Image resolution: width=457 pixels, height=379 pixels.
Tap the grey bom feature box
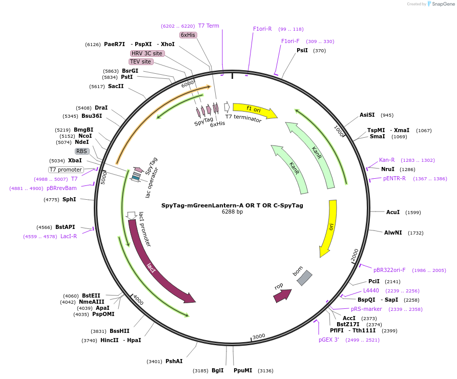pos(304,278)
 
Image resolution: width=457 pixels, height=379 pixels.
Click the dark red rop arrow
pos(282,296)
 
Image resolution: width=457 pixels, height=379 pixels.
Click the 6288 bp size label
pos(232,212)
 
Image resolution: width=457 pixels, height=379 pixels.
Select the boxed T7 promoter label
pos(66,170)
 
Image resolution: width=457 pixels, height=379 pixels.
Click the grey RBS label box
pos(81,151)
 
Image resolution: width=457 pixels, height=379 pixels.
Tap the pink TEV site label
pos(140,61)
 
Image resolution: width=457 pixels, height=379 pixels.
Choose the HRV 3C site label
pos(147,53)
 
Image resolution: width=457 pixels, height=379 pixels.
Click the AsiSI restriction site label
pos(367,115)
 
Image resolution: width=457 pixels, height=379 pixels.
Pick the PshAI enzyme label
pos(174,361)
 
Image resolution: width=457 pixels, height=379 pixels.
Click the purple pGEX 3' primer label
pos(329,340)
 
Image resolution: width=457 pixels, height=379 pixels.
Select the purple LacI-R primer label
pos(69,236)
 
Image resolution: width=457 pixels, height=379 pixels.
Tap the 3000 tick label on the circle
pos(259,337)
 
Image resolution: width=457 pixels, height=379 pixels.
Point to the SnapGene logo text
pos(443,4)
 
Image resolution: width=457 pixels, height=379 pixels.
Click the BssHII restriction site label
pos(119,331)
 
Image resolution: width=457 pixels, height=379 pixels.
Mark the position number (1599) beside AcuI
pos(413,213)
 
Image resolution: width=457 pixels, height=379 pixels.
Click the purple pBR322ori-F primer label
pos(389,270)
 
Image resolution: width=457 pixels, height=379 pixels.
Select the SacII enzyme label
pos(116,86)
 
